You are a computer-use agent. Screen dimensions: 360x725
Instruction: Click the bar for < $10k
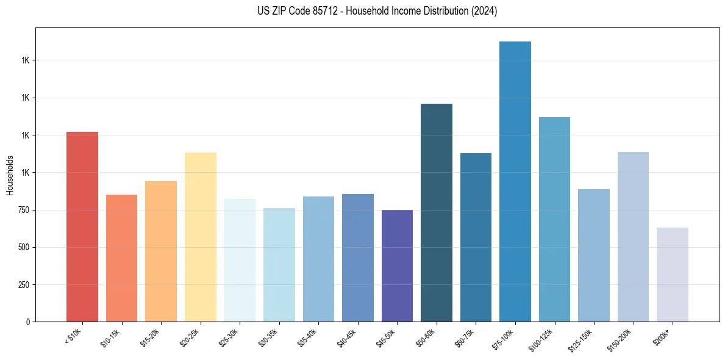coord(82,226)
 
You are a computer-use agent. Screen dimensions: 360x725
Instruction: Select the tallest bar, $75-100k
coord(515,181)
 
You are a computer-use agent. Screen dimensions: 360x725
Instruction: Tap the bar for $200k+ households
coord(673,275)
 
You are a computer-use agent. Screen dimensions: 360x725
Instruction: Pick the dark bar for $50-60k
coord(437,212)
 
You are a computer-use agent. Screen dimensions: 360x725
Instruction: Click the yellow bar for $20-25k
coord(201,237)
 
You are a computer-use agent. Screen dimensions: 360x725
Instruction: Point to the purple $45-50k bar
coord(397,265)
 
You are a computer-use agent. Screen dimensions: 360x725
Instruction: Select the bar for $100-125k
coord(554,219)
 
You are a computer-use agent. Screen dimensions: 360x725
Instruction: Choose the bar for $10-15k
coord(122,258)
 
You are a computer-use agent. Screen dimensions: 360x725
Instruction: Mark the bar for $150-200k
coord(633,237)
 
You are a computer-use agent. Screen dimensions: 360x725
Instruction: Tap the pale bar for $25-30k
coord(240,260)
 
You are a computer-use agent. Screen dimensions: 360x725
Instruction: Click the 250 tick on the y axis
coord(23,285)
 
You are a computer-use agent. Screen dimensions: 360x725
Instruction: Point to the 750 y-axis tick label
coord(23,210)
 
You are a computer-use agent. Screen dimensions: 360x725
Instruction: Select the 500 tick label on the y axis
coord(23,248)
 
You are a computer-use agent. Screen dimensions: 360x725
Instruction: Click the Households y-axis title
coord(10,175)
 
